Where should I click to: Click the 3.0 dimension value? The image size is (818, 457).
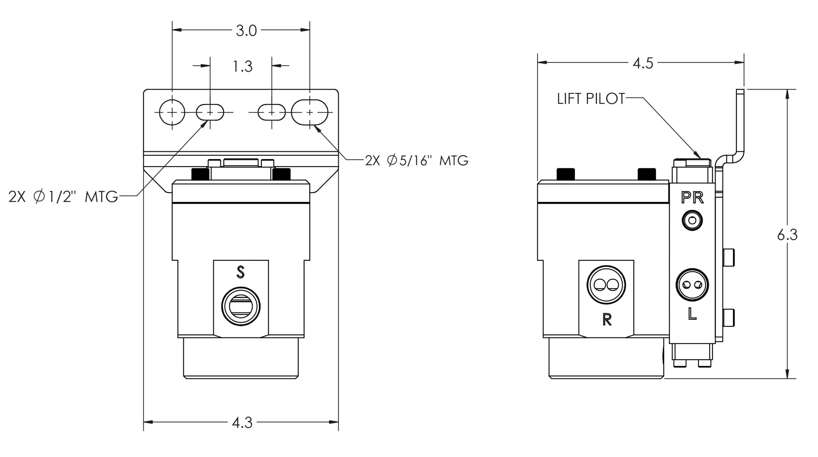(x=246, y=31)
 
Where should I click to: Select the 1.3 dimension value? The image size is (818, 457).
(x=243, y=67)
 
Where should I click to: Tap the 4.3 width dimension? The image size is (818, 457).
(x=242, y=423)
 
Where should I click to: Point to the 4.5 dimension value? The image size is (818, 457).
(x=643, y=64)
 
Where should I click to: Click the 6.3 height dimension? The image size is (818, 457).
(x=787, y=235)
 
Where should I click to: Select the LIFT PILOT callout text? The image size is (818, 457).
(x=591, y=99)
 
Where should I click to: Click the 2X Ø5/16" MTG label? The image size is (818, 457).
(x=417, y=161)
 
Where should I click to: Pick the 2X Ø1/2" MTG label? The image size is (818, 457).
(x=63, y=197)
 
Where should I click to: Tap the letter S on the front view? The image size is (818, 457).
(x=241, y=272)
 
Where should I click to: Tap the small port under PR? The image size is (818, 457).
(x=692, y=220)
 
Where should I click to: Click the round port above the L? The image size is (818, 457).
(x=692, y=285)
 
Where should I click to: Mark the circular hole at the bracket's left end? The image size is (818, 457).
(x=172, y=112)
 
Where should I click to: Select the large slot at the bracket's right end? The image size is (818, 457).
(x=310, y=112)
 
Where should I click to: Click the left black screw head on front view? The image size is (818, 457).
(x=200, y=175)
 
